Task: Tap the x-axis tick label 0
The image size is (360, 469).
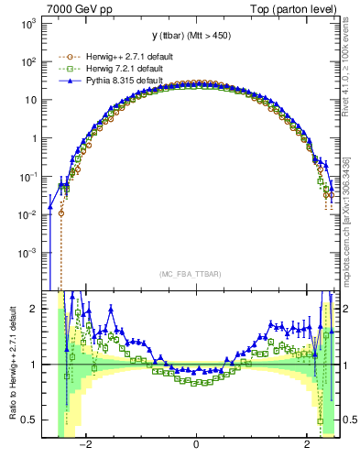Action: click(196, 446)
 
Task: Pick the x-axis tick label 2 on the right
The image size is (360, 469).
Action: click(307, 446)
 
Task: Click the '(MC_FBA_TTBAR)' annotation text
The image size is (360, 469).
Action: click(195, 273)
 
